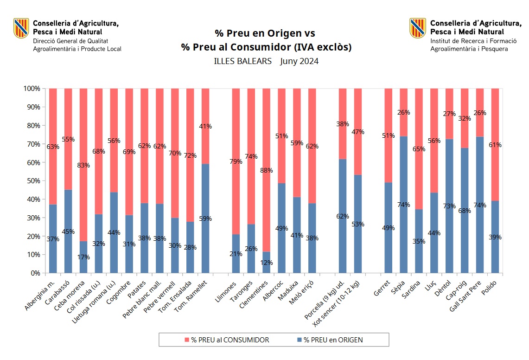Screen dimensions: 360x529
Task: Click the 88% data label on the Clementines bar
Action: pyautogui.click(x=267, y=170)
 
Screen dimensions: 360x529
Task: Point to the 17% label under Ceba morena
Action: pyautogui.click(x=83, y=257)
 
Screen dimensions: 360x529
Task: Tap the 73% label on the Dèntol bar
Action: pyautogui.click(x=449, y=206)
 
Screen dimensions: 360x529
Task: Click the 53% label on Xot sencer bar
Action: pyautogui.click(x=358, y=224)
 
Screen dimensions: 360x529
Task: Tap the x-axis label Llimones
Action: pyautogui.click(x=227, y=291)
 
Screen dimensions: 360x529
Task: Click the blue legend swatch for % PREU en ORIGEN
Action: pyautogui.click(x=299, y=340)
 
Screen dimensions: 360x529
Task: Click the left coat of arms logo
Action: pyautogui.click(x=21, y=28)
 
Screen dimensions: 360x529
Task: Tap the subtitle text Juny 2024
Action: pyautogui.click(x=299, y=61)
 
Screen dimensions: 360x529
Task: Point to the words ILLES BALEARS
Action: pyautogui.click(x=242, y=61)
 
